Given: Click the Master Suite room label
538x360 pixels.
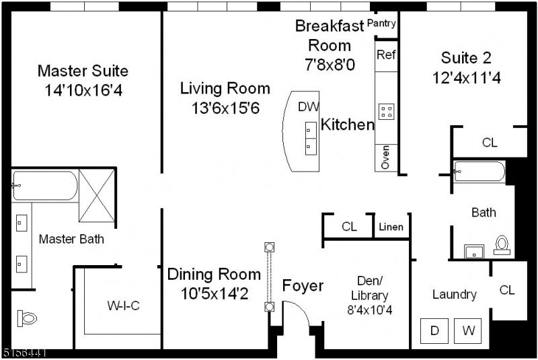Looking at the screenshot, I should [x=83, y=71].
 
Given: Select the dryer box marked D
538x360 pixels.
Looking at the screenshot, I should [x=434, y=331].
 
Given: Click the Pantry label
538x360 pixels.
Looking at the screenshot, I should [x=381, y=24].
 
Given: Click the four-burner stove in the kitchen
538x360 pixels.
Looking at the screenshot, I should [x=386, y=111].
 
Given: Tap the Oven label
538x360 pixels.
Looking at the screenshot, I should [x=385, y=159].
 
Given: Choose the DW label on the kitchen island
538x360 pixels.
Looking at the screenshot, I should [x=308, y=106].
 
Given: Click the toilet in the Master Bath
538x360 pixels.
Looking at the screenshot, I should [x=27, y=318].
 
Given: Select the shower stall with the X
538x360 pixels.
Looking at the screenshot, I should [x=98, y=196].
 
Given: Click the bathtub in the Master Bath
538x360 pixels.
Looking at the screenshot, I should [x=44, y=185].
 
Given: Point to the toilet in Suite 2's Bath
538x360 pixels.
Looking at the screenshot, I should [x=502, y=245].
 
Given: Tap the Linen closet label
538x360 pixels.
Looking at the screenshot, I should [x=391, y=227].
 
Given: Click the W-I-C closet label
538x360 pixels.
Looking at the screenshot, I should [x=123, y=306].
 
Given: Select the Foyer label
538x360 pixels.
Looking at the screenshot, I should [x=302, y=286].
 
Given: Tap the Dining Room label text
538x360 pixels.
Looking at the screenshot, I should [x=214, y=275].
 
